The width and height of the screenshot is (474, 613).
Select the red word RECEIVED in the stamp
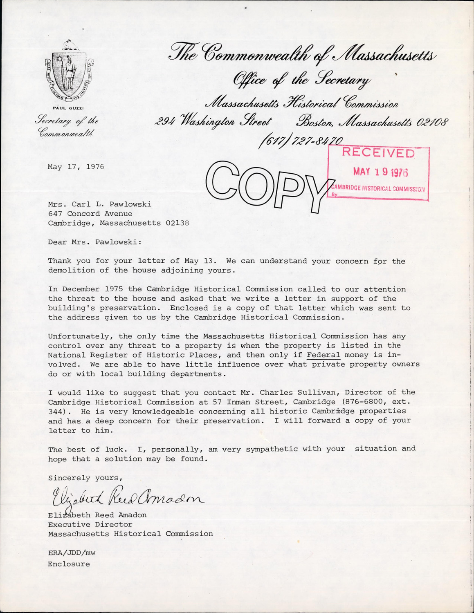click(x=378, y=153)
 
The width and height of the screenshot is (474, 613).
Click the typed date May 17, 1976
click(x=76, y=167)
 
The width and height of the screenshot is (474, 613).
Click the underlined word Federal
click(x=323, y=355)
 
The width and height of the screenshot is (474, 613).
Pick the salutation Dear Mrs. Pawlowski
click(x=95, y=242)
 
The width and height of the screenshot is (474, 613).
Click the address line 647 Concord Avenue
click(x=90, y=214)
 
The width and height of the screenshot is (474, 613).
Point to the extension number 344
click(x=56, y=412)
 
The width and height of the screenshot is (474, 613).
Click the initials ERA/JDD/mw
click(x=72, y=553)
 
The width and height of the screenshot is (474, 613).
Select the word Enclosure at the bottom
click(x=69, y=564)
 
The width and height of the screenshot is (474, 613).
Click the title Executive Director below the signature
click(x=90, y=524)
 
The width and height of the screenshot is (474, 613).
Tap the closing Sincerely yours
click(x=85, y=478)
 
